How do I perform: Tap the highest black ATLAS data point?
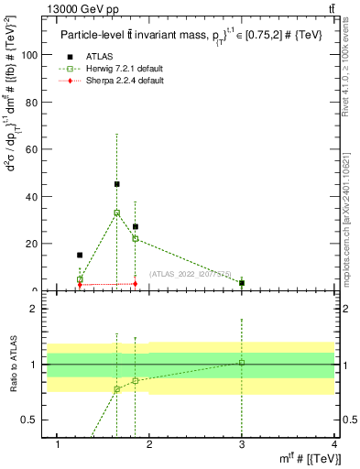[x=116, y=184]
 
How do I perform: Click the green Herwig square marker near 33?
[x=116, y=213]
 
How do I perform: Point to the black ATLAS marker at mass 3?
[x=242, y=283]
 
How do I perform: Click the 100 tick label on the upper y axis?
[x=29, y=55]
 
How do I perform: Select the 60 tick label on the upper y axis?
[x=32, y=149]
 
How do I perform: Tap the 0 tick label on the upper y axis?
[x=35, y=290]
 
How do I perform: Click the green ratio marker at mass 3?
[x=242, y=363]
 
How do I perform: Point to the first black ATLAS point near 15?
[x=80, y=255]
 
